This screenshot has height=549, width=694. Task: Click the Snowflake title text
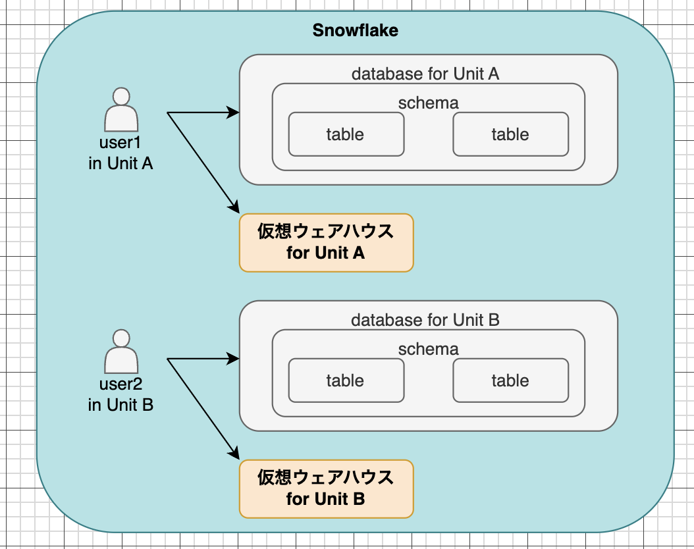point(356,30)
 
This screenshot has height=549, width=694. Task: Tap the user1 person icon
point(121,109)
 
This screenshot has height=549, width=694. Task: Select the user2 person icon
point(121,352)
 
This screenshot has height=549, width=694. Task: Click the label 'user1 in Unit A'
point(120,153)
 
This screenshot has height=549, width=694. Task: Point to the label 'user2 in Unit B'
point(120,394)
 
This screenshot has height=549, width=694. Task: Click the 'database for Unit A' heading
point(425,74)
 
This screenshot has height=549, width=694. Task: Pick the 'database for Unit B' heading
point(425,320)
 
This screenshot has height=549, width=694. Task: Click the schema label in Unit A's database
point(429,103)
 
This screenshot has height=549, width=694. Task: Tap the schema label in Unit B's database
point(429,349)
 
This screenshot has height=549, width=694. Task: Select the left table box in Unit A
point(346,134)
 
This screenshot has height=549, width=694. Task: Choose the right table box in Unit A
point(511,134)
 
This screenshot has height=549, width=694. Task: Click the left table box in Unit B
point(346,380)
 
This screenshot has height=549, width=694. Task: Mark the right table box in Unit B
point(511,380)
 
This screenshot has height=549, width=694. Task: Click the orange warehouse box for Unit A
point(326,242)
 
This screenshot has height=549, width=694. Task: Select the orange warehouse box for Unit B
point(326,489)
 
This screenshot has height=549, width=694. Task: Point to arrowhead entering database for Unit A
point(233,113)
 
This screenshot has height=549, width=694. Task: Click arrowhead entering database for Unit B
point(233,359)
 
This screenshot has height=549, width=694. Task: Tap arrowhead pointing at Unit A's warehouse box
point(234,207)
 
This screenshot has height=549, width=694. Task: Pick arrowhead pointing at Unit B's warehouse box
point(234,452)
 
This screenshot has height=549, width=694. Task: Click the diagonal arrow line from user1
point(203,163)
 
